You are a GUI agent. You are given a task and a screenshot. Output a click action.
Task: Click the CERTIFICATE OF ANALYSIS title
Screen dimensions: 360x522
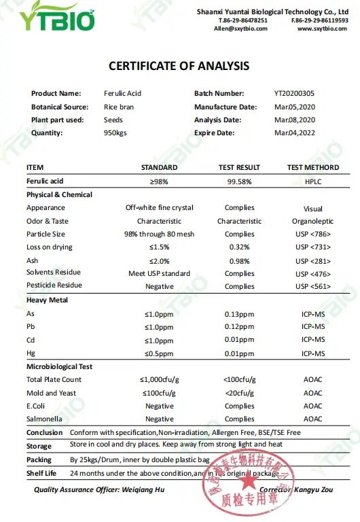(x=179, y=66)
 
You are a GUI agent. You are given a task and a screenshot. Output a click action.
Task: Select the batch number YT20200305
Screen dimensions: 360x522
(x=294, y=93)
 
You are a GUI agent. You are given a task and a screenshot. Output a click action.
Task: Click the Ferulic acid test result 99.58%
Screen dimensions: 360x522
(x=239, y=181)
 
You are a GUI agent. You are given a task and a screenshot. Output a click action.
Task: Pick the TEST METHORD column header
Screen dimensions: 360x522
(x=313, y=167)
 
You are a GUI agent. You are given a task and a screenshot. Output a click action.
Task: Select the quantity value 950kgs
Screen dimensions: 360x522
(x=117, y=133)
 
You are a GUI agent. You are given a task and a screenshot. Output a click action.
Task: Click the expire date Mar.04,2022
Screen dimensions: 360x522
(x=294, y=133)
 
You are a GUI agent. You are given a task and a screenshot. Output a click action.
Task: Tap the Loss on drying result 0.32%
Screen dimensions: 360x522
(x=239, y=247)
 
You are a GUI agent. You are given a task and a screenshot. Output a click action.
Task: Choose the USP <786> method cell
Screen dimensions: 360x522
(x=313, y=234)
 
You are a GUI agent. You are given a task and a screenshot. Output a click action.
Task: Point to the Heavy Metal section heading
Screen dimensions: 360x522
(x=48, y=300)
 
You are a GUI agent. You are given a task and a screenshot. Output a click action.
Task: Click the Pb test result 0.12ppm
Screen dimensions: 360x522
(x=239, y=327)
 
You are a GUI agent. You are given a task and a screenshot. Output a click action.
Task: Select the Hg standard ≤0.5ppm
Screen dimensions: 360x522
(x=160, y=353)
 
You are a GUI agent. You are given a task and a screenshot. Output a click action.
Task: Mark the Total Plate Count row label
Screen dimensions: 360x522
(x=54, y=380)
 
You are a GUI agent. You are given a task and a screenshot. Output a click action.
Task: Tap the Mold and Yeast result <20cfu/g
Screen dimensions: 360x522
(x=239, y=393)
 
